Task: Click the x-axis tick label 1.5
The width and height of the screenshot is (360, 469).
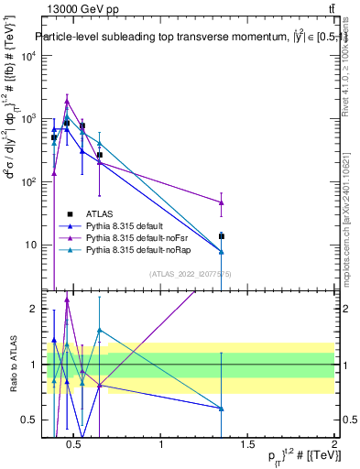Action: [247, 445]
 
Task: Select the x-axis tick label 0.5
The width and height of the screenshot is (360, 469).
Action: [76, 445]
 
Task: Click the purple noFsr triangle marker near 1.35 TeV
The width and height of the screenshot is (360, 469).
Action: [222, 202]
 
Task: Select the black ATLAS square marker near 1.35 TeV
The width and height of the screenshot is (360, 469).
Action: [222, 236]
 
